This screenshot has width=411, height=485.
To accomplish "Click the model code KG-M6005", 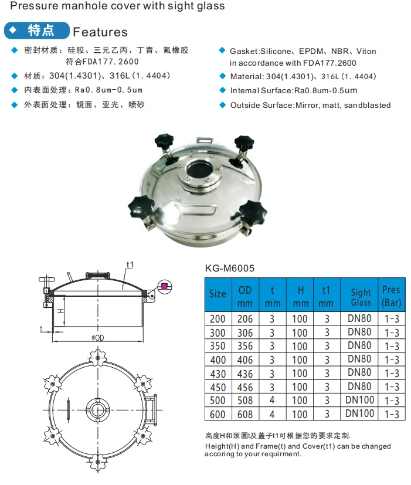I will coord(230,267).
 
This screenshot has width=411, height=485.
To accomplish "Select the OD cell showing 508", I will coord(245,400).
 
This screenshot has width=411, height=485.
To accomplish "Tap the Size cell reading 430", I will coord(218,373).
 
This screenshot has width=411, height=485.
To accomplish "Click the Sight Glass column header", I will coord(360,297).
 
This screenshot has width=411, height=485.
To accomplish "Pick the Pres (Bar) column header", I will coord(391,297).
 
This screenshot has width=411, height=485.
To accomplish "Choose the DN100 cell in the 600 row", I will coord(359,413).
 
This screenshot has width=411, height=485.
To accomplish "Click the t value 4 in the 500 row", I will coord(272,400).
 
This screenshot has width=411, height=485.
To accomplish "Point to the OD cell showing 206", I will coord(245,318).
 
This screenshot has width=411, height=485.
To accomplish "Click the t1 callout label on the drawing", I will coord(130,265).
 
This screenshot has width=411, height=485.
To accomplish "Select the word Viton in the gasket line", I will coord(366,52).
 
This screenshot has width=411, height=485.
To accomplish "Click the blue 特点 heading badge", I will coord(36,30).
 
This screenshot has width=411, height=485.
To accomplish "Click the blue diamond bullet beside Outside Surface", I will coord(222,105).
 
